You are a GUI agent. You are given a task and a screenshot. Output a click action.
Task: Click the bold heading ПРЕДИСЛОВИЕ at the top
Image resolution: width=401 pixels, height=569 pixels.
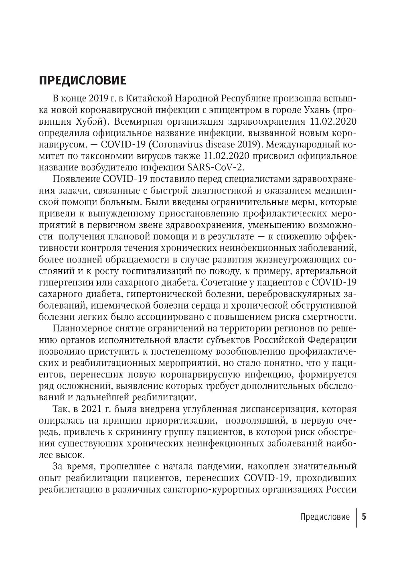click(x=83, y=80)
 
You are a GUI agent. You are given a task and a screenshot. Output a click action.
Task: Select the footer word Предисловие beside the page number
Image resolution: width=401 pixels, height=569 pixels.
click(x=325, y=517)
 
